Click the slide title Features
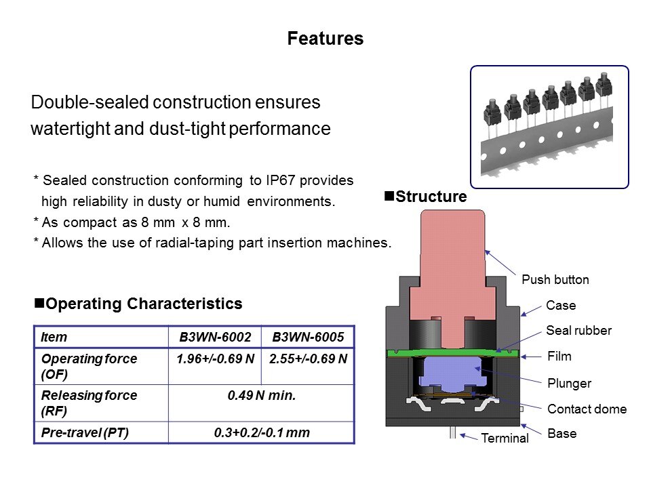325,39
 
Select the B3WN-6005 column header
308,337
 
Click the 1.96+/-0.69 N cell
215,359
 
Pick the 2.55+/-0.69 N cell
308,359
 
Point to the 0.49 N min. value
262,395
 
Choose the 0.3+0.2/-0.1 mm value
262,431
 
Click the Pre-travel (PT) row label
79,431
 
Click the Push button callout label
555,279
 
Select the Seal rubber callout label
578,331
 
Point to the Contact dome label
587,409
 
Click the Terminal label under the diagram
505,439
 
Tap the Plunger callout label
569,383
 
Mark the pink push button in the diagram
452,264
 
